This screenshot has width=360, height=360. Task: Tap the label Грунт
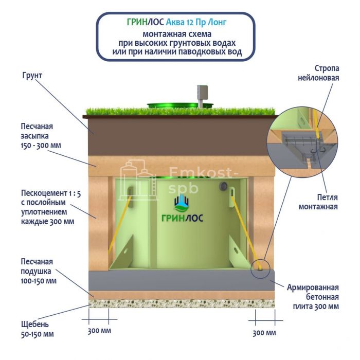pyautogui.click(x=32, y=76)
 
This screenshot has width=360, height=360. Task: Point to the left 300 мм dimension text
pyautogui.click(x=99, y=330)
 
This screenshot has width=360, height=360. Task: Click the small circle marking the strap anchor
pyautogui.click(x=260, y=267)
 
